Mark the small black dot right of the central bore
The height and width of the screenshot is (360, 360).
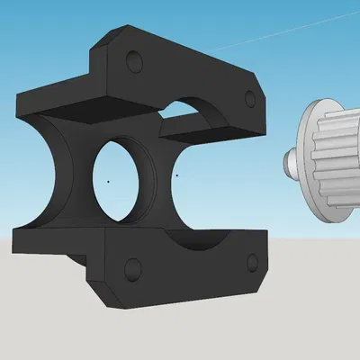coord(177,175)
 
